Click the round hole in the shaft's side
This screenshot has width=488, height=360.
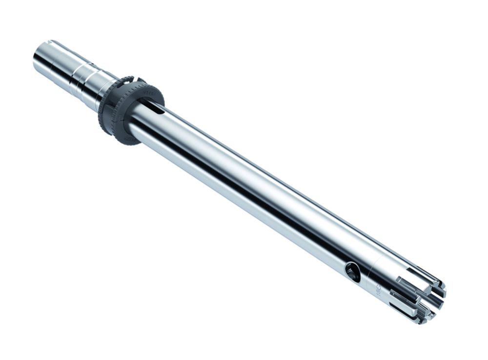click(x=352, y=271)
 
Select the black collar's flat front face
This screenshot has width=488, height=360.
click(x=144, y=105)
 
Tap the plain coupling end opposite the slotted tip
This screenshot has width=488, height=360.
click(x=46, y=56)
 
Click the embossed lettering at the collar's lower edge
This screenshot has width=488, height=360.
click(x=128, y=139)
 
